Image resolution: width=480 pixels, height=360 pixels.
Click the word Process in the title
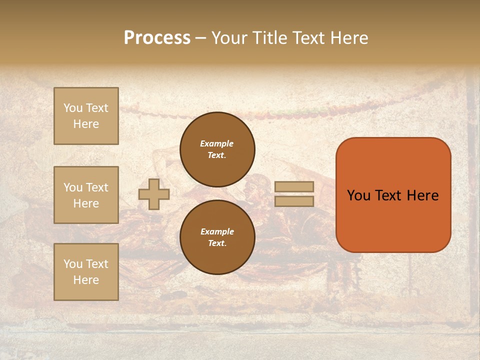[x=157, y=38]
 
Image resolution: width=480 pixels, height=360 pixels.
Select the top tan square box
[x=86, y=116]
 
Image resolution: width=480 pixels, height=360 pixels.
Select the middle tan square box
[x=86, y=195]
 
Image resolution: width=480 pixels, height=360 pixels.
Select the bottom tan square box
[x=86, y=272]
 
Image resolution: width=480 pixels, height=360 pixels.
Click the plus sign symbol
[x=154, y=194]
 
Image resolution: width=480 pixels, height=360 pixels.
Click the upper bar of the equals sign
[x=294, y=186]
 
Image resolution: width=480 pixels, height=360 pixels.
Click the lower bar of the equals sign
[x=294, y=201]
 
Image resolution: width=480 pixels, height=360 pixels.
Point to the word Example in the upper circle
[x=217, y=143]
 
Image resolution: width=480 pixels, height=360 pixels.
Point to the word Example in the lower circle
[x=217, y=231]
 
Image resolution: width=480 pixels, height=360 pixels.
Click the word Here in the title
[x=348, y=38]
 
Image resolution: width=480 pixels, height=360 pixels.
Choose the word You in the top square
[x=73, y=108]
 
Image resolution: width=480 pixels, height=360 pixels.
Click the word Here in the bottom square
[x=86, y=280]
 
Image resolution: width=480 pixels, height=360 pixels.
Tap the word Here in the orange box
[x=422, y=195]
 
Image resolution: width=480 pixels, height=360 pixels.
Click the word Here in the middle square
[x=86, y=203]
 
